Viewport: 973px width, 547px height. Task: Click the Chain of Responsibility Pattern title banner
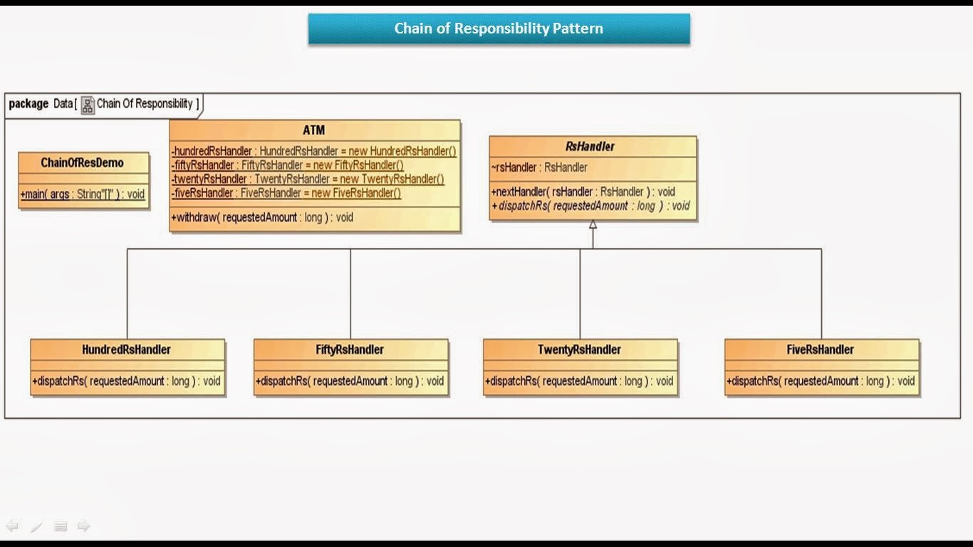(499, 29)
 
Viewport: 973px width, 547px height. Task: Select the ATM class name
(314, 130)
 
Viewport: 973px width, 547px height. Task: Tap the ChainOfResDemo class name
(82, 163)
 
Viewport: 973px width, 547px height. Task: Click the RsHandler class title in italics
(590, 147)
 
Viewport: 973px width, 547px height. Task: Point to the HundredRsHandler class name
(126, 350)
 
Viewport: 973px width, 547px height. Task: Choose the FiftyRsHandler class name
(350, 350)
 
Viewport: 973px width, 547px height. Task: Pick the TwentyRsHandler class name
(579, 350)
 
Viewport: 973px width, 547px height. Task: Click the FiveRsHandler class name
(821, 350)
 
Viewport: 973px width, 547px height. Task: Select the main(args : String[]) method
(83, 194)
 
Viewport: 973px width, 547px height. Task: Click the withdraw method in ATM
(262, 217)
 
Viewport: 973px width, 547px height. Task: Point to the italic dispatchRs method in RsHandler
(590, 206)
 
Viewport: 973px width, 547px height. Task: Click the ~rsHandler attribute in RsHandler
(539, 167)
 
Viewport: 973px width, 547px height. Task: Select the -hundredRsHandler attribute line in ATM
(313, 151)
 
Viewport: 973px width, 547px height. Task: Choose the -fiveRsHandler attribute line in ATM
(286, 193)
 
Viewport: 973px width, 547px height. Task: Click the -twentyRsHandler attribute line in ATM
(308, 179)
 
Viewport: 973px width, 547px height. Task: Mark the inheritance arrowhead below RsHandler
(593, 224)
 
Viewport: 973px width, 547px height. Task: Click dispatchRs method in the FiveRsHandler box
(821, 381)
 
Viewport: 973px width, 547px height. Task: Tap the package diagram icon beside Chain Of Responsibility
(88, 105)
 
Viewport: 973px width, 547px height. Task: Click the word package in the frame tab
(28, 104)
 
